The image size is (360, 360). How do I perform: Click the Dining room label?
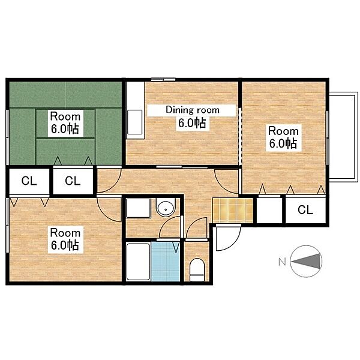(193, 110)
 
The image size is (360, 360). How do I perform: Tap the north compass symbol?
(306, 261)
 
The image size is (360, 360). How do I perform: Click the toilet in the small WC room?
(197, 269)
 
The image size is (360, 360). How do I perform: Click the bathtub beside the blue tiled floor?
(138, 262)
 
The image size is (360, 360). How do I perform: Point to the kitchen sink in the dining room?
(135, 122)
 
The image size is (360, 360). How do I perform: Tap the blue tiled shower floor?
(166, 261)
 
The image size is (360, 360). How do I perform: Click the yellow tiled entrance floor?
(232, 210)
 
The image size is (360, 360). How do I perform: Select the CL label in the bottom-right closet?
(305, 209)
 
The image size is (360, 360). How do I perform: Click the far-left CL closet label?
(29, 181)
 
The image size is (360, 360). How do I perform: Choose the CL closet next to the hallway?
(73, 181)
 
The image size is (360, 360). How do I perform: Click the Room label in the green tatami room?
(65, 116)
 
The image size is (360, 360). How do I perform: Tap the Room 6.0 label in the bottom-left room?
(65, 239)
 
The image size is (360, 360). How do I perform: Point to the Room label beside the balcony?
(284, 131)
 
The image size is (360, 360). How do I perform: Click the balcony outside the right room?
(343, 137)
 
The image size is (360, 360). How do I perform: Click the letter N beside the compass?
(282, 262)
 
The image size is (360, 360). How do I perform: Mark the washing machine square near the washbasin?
(138, 208)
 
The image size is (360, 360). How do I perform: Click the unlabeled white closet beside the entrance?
(269, 210)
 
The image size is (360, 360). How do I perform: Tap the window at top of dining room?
(163, 79)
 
